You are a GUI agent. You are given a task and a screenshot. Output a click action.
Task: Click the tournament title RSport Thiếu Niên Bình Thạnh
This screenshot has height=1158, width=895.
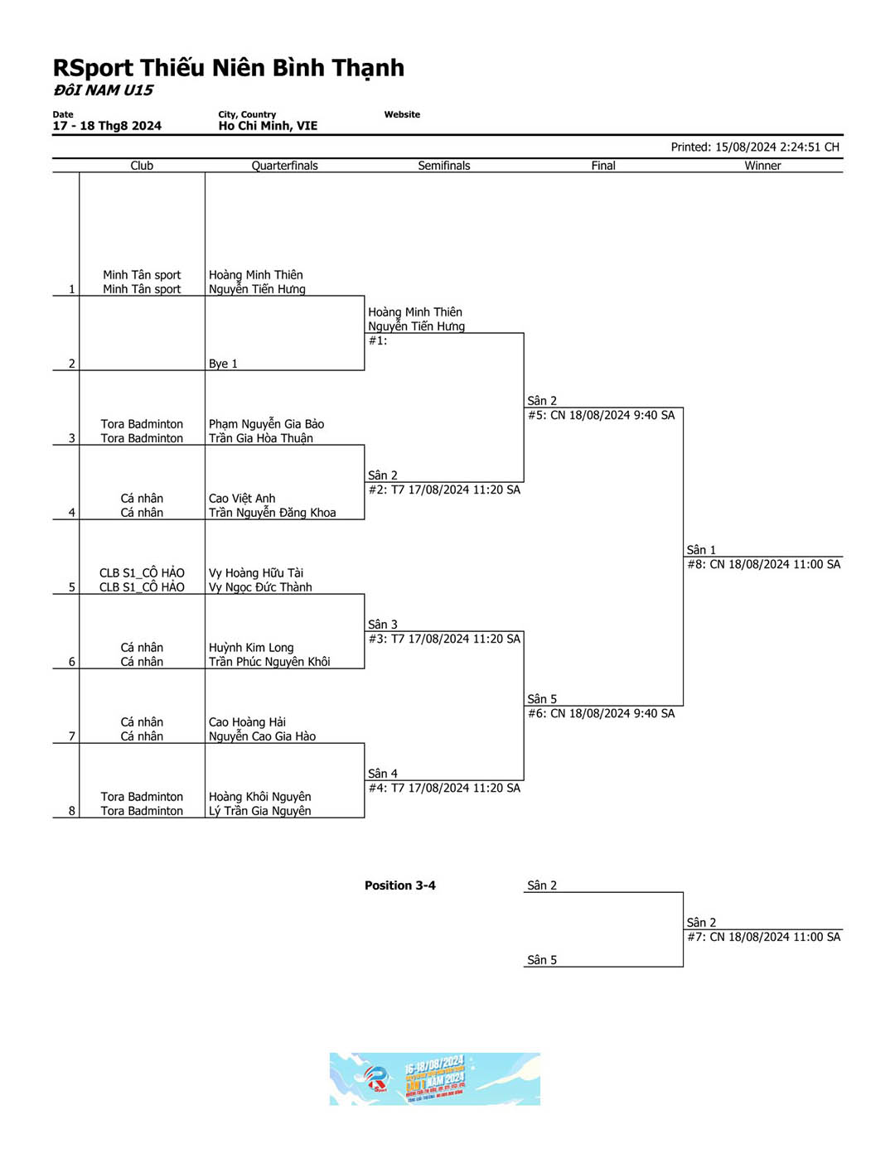point(229,68)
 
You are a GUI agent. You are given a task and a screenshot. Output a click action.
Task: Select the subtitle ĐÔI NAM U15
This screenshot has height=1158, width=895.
point(104,90)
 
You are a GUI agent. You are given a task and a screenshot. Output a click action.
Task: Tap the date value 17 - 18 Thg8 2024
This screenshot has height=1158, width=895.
point(107,126)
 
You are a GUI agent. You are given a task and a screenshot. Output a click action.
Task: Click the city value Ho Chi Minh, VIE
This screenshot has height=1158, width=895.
point(268,126)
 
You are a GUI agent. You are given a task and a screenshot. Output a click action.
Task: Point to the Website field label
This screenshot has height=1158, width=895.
point(402,114)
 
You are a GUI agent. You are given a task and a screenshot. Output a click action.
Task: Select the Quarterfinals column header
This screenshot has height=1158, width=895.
point(284,166)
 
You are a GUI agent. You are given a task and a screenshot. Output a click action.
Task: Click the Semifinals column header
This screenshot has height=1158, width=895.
point(443,166)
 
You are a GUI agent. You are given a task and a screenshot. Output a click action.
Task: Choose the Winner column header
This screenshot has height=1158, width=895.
point(762,166)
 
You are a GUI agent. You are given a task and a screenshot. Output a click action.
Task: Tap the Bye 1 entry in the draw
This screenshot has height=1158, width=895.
point(223,364)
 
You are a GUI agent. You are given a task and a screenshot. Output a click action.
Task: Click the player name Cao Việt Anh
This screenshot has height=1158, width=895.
point(242,499)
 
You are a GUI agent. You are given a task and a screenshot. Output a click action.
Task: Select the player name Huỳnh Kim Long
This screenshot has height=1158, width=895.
point(251,648)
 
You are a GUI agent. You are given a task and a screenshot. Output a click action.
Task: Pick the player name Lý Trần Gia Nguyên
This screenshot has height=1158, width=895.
point(260,811)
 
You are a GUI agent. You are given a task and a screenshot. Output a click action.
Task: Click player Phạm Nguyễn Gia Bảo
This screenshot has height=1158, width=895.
point(266,424)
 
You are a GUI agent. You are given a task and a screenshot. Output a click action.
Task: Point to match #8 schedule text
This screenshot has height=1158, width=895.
point(763,564)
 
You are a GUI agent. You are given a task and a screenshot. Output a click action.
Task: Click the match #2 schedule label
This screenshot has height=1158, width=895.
point(444,490)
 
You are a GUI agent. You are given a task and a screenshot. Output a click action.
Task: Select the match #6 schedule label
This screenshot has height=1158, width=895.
point(601,713)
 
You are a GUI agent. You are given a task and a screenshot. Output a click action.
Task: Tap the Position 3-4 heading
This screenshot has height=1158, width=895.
point(400,885)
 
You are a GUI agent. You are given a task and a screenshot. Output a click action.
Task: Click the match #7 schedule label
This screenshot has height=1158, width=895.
point(763,937)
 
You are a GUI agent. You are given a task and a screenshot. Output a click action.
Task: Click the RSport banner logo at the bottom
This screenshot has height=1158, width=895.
point(434,1078)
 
